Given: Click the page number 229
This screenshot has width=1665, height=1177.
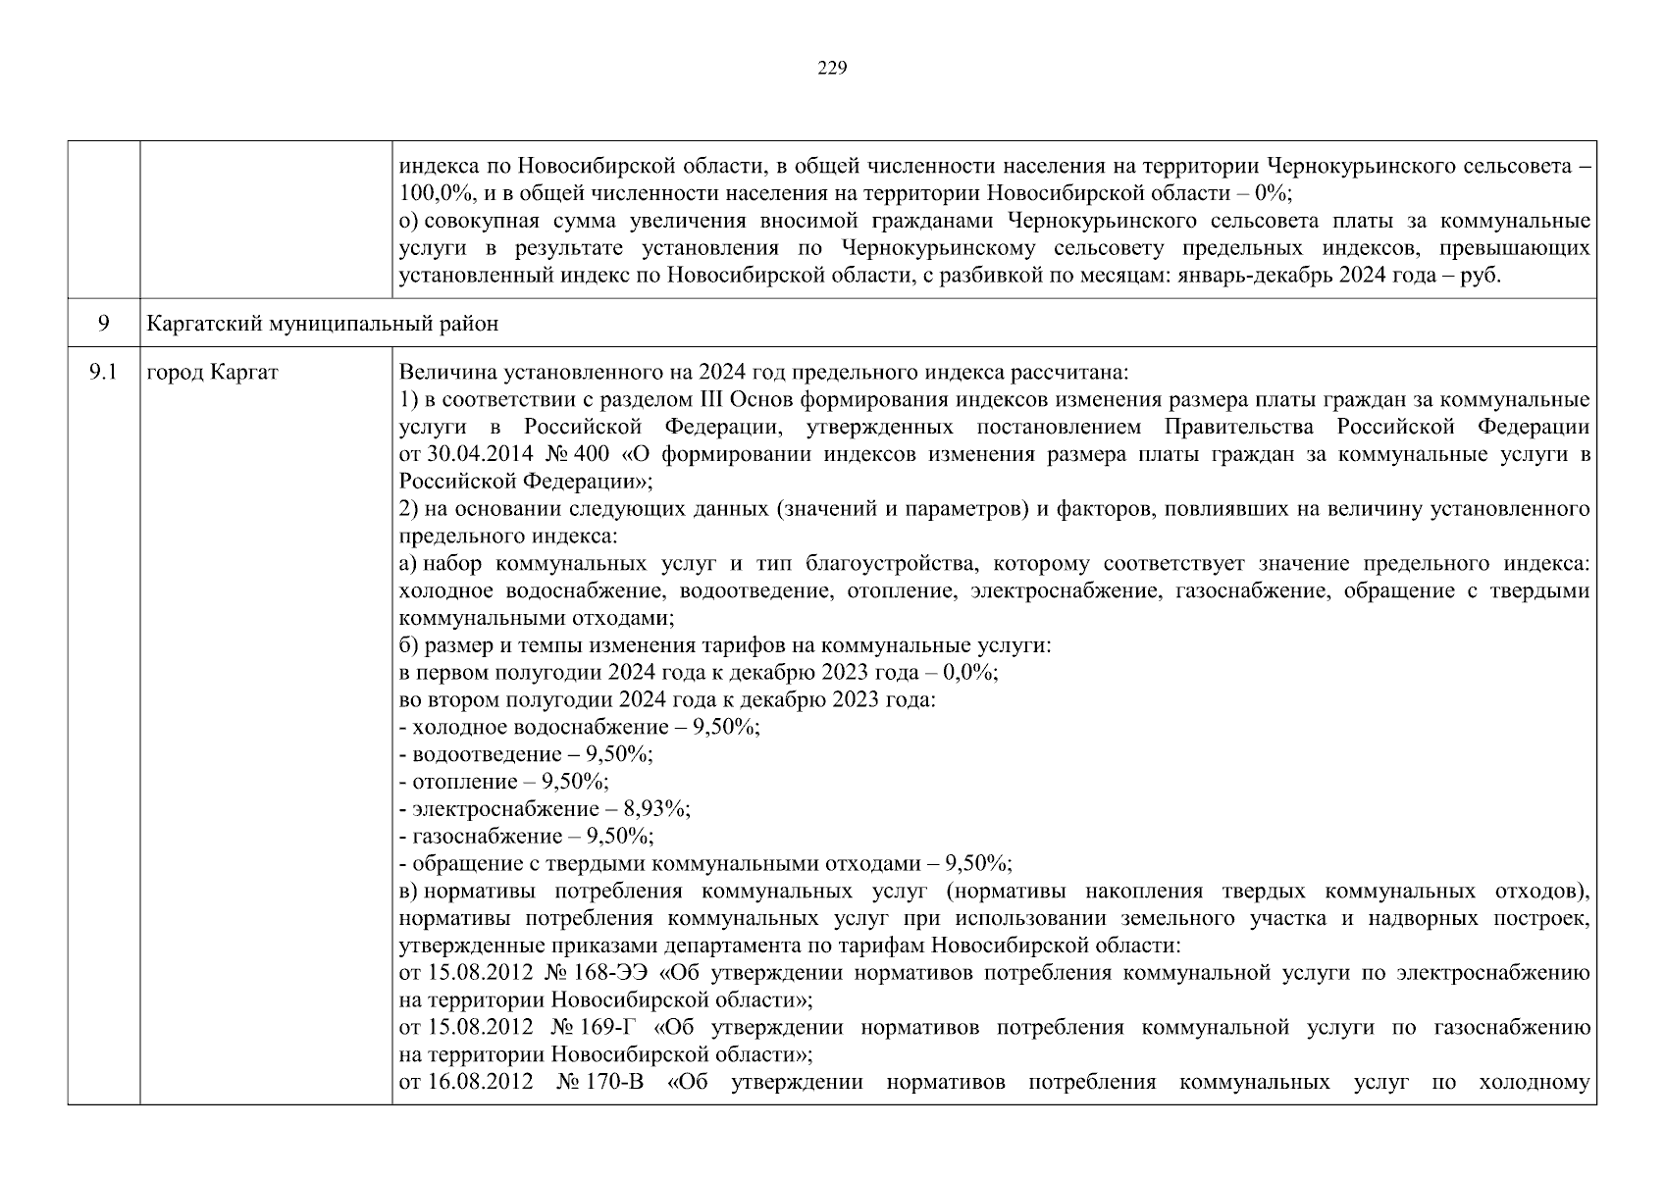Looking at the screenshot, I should (x=832, y=68).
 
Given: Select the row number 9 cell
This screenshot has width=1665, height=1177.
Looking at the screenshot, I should (x=103, y=324).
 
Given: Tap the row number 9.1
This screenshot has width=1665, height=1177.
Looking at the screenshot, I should (x=103, y=373).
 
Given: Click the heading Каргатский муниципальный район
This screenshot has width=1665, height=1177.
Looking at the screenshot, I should (x=322, y=324).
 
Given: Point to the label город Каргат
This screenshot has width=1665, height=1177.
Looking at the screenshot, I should (x=212, y=373).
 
